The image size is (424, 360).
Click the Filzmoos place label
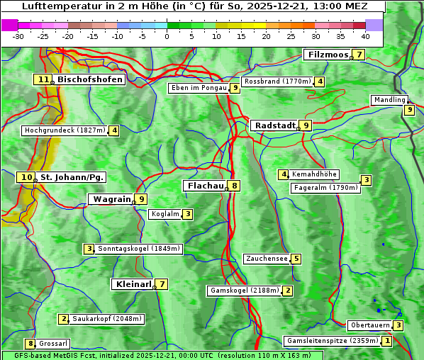(328, 55)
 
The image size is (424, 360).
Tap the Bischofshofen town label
(90, 80)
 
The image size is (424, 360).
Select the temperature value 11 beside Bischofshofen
(44, 80)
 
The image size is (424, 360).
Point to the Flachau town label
(204, 186)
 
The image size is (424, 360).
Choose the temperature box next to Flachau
(234, 186)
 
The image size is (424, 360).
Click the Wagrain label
(111, 199)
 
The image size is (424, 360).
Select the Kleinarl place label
(133, 284)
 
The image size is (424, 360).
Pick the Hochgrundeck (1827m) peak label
(64, 130)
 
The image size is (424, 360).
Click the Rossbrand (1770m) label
(277, 81)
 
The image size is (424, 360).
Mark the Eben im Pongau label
(198, 88)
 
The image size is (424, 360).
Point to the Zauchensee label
(267, 259)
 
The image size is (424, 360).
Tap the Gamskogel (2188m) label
(244, 291)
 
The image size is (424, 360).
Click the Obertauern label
(369, 325)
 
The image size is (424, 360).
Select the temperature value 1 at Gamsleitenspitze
(386, 341)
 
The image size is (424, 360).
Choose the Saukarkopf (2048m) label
(107, 320)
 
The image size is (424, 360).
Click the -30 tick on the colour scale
(18, 36)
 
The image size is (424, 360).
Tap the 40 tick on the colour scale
(364, 36)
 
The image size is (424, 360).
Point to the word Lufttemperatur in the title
(52, 6)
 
